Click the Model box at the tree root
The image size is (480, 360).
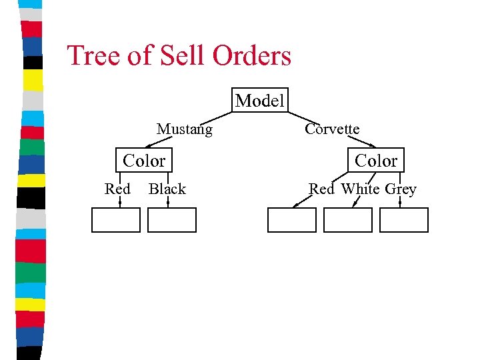coord(260,101)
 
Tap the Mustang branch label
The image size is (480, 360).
coord(184,129)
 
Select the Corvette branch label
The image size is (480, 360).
coord(332,129)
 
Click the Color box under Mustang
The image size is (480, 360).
coord(144,161)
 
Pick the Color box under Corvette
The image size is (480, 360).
coord(375,161)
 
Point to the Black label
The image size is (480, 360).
coord(167,189)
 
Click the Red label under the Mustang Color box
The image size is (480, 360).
coord(117,189)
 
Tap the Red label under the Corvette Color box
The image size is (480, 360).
coord(321,189)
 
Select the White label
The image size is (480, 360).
coord(360,189)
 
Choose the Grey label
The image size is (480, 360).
coord(401,189)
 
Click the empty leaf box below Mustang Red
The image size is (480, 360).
coord(115,220)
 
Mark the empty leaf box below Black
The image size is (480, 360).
coord(171,220)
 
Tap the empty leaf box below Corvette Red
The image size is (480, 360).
coord(291,220)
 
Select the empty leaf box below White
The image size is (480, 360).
coord(347,220)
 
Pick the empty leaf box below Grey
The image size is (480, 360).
coord(403,220)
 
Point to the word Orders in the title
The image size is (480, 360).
coord(252,55)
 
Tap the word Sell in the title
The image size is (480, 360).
coord(183,55)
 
